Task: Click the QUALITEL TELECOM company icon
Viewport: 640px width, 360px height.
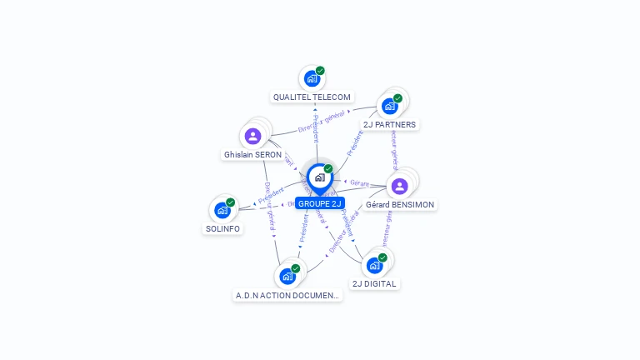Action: [312, 78]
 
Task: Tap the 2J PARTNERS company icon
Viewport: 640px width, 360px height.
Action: [389, 106]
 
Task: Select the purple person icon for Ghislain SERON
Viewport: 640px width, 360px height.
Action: [252, 136]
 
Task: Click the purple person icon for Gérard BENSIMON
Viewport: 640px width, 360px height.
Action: [399, 186]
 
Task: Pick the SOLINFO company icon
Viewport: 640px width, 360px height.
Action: [222, 210]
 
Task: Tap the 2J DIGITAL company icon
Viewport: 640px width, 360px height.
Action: [374, 265]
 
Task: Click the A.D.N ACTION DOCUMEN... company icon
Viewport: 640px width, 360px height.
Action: [287, 276]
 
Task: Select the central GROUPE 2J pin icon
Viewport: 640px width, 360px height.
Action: [319, 177]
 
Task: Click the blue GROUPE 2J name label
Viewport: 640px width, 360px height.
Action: [320, 203]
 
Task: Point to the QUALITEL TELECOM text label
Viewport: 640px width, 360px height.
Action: [312, 97]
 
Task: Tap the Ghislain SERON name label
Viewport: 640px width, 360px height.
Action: [252, 155]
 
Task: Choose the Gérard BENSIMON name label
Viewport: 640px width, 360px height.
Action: [400, 204]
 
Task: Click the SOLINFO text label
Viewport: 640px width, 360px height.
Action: [222, 228]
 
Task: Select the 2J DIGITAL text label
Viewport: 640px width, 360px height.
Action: [375, 283]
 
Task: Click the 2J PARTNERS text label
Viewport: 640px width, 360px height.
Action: [390, 124]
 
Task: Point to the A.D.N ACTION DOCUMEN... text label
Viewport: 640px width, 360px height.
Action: [288, 295]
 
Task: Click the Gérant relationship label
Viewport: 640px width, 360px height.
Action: [359, 182]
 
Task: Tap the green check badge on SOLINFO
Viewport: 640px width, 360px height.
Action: [231, 202]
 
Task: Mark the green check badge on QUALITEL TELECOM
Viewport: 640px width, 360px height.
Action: [320, 71]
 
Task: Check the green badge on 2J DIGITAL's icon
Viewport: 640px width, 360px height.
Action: [382, 257]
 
